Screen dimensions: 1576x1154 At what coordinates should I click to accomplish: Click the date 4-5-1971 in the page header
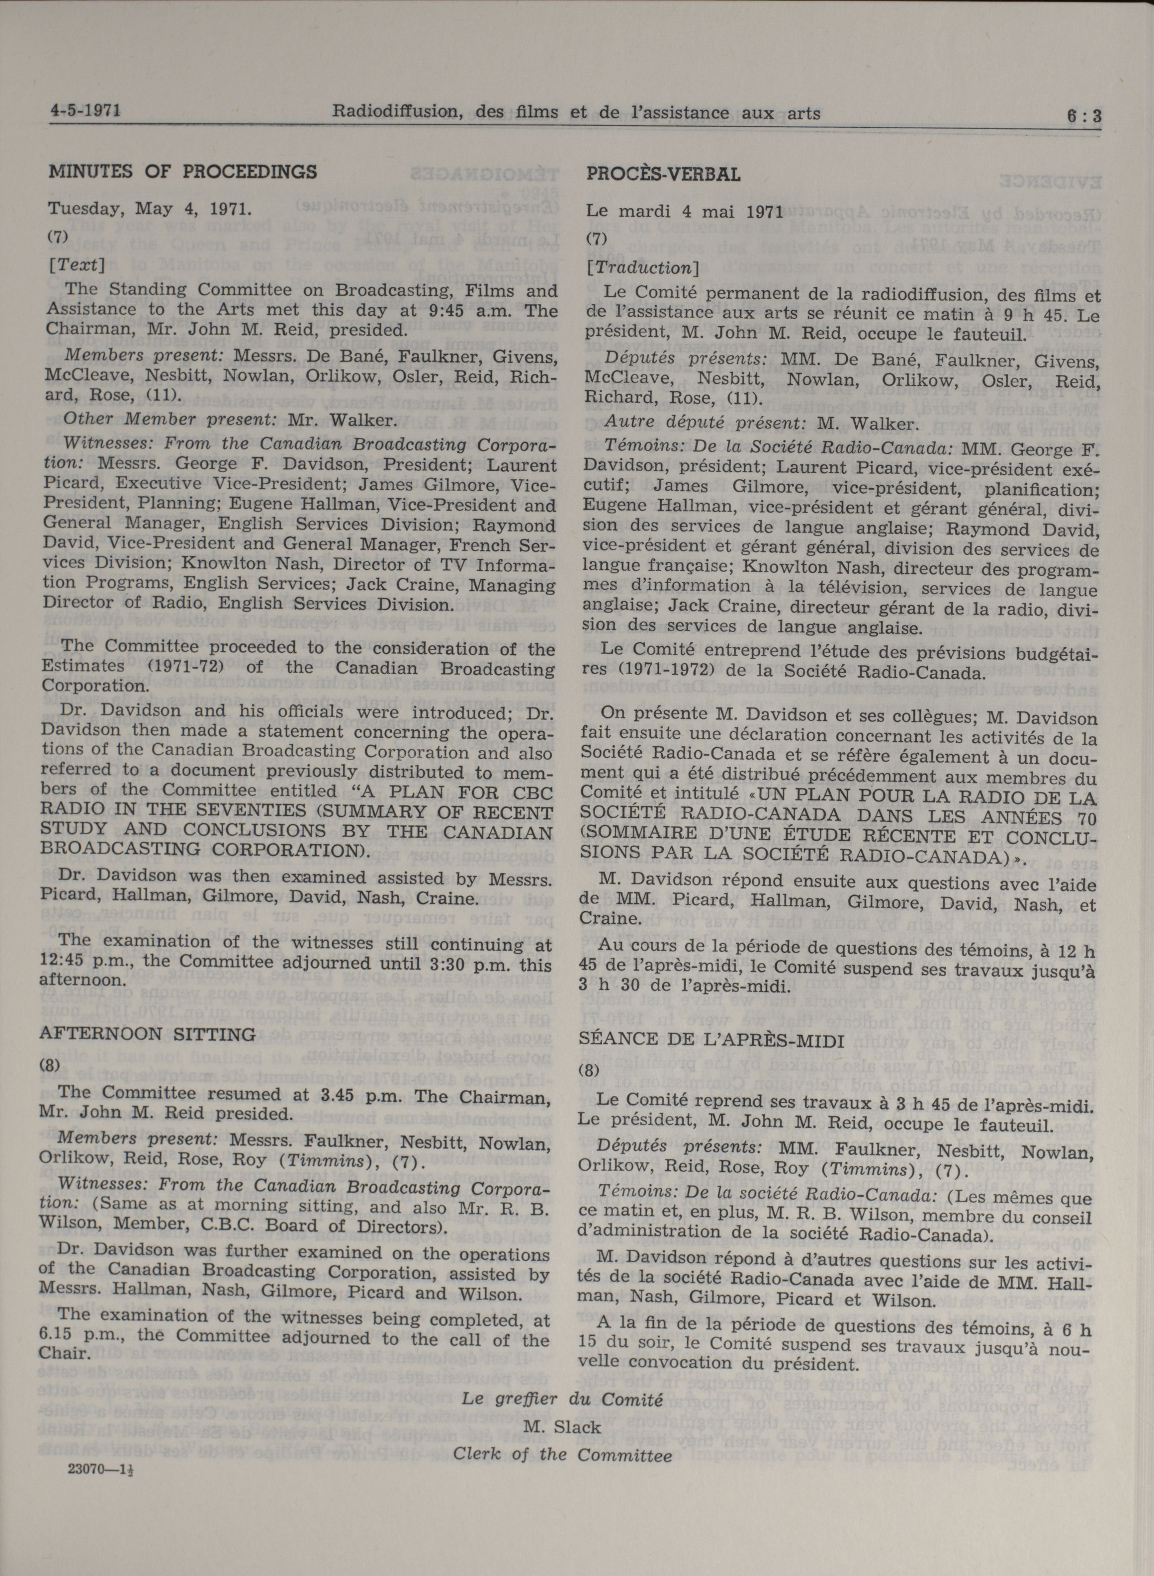(x=85, y=110)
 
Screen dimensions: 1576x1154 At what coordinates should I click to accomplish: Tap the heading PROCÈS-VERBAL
(x=663, y=174)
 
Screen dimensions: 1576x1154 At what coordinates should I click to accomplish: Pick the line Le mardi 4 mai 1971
(x=684, y=211)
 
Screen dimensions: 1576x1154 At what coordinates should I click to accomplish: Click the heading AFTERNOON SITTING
(x=147, y=1035)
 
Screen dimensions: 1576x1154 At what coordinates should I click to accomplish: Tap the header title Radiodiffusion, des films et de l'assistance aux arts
(x=576, y=112)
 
